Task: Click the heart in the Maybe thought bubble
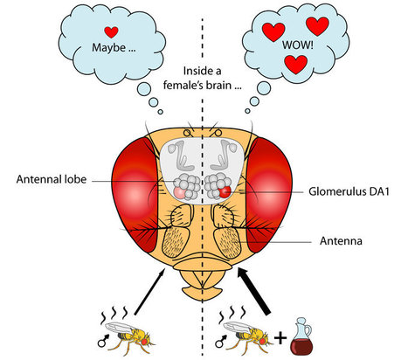coord(111,31)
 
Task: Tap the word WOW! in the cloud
coord(297,45)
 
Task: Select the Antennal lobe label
coord(52,179)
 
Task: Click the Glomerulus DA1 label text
coord(349,191)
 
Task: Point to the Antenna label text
coord(341,241)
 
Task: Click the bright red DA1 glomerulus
coord(225,192)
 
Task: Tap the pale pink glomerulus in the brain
coord(180,193)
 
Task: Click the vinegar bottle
coord(302,336)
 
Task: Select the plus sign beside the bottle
coord(280,338)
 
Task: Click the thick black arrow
coord(253,291)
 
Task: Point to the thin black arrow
coord(149,292)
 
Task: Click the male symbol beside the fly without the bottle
coord(103,341)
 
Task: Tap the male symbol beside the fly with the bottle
coord(220,341)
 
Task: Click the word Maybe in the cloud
coord(108,47)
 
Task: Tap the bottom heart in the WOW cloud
coord(296,65)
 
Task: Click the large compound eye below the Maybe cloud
coord(137,195)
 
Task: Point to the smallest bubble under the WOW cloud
coord(247,111)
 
